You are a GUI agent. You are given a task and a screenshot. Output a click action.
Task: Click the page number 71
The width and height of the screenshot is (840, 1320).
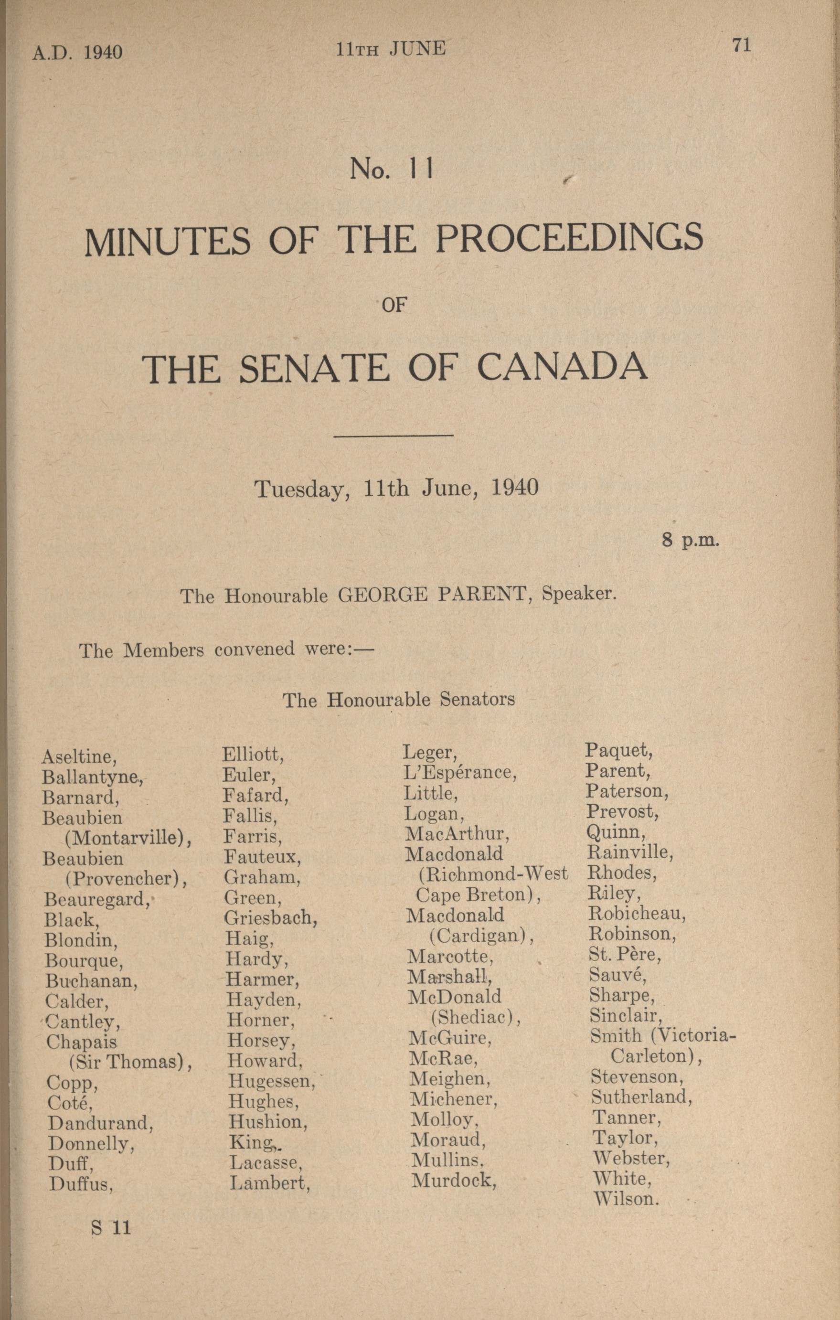[741, 45]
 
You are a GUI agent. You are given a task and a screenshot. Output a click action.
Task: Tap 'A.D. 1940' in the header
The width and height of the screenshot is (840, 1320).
[77, 52]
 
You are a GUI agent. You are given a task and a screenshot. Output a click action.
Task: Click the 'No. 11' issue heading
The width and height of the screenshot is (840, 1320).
[392, 170]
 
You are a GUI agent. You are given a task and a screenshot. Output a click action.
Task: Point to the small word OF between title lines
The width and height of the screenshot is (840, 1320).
[393, 305]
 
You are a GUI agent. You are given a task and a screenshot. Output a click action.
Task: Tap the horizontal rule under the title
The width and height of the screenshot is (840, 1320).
[393, 436]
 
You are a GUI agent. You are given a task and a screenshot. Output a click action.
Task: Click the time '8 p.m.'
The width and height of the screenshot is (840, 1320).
[690, 540]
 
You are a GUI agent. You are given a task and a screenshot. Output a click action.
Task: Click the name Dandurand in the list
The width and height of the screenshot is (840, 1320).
[100, 1123]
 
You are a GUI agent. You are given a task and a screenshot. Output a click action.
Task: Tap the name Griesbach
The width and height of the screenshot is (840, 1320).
[271, 917]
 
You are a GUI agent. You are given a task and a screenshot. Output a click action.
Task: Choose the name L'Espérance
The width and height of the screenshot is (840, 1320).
[460, 772]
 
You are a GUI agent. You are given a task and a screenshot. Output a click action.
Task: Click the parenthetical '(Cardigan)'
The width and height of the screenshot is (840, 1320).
[481, 935]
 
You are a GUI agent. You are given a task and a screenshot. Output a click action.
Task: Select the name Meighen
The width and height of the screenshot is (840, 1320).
[450, 1078]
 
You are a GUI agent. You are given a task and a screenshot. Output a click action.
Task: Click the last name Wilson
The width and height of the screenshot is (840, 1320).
[626, 1198]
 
